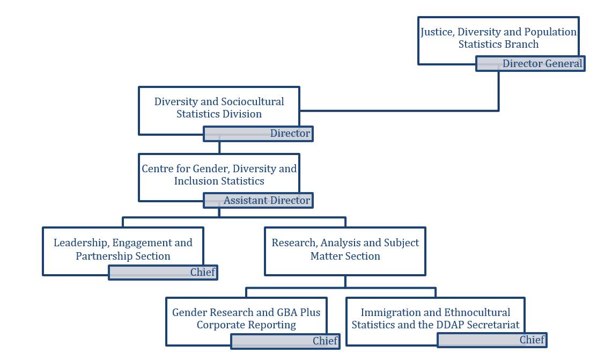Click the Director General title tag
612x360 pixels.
[x=530, y=64]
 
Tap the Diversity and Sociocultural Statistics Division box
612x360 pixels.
[x=219, y=108]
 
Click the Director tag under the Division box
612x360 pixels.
[x=258, y=134]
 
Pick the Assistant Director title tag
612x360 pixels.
[x=258, y=201]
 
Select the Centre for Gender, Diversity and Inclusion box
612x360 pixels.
[x=219, y=175]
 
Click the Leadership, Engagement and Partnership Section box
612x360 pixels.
[x=123, y=249]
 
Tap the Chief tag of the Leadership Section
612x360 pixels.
[x=163, y=273]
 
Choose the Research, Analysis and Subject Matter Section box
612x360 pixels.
[x=345, y=249]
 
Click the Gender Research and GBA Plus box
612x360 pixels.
[x=246, y=319]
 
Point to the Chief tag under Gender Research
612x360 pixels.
[x=285, y=341]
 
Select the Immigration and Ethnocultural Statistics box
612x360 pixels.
[x=435, y=319]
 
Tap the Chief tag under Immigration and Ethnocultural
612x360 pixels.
[x=492, y=340]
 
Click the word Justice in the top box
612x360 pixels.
[x=437, y=32]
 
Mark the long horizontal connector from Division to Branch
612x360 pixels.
[x=399, y=111]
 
